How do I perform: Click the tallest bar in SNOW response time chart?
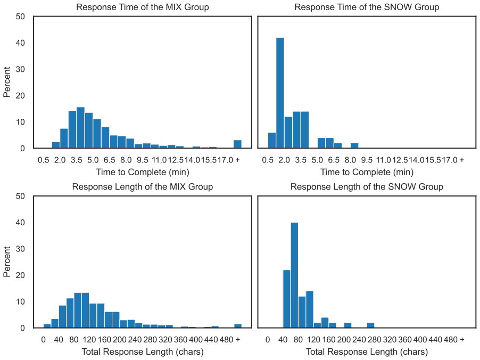tap(280, 93)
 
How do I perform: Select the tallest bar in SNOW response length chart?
tap(294, 275)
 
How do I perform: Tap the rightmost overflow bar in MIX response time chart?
tap(237, 144)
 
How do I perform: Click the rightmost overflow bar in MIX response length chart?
tap(238, 326)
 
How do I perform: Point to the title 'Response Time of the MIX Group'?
tap(142, 7)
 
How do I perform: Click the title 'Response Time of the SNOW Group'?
tap(367, 7)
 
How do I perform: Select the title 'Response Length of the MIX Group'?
tap(142, 186)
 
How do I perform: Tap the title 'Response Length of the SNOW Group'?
tap(367, 186)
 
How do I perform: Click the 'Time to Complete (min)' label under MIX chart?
tap(142, 172)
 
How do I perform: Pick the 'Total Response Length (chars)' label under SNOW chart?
tap(367, 351)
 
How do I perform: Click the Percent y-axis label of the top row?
tap(7, 82)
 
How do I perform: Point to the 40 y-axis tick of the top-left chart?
tap(20, 43)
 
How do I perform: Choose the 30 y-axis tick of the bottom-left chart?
tap(20, 249)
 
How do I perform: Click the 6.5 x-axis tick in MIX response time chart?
tap(109, 160)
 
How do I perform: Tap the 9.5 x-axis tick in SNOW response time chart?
tap(367, 160)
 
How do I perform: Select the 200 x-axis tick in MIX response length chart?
tap(119, 339)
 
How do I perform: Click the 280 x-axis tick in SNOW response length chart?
tap(375, 339)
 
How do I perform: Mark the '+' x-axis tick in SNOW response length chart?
tap(462, 339)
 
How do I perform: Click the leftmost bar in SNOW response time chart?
tap(272, 140)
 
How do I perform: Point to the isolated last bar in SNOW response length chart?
tap(371, 325)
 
